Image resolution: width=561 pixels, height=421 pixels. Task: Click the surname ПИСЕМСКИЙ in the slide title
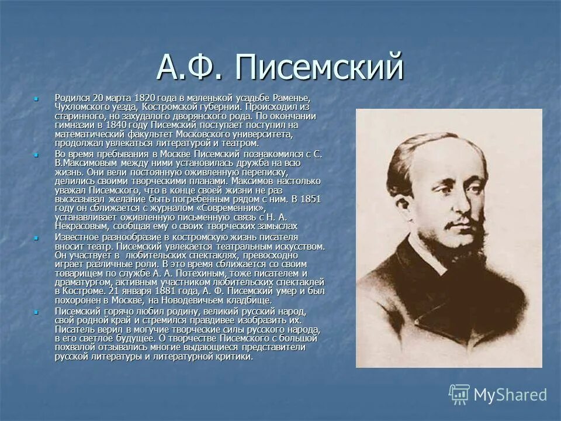tap(320, 68)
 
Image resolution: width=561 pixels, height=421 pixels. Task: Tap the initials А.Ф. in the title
tap(189, 68)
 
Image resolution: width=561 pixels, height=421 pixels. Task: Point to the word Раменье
tap(289, 96)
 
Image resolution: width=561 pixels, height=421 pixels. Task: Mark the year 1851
tap(310, 199)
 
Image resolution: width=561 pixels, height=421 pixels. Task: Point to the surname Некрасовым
tap(81, 226)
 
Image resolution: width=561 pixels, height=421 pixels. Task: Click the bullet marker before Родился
tap(36, 98)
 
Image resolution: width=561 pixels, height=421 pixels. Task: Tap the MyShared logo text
tap(510, 395)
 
